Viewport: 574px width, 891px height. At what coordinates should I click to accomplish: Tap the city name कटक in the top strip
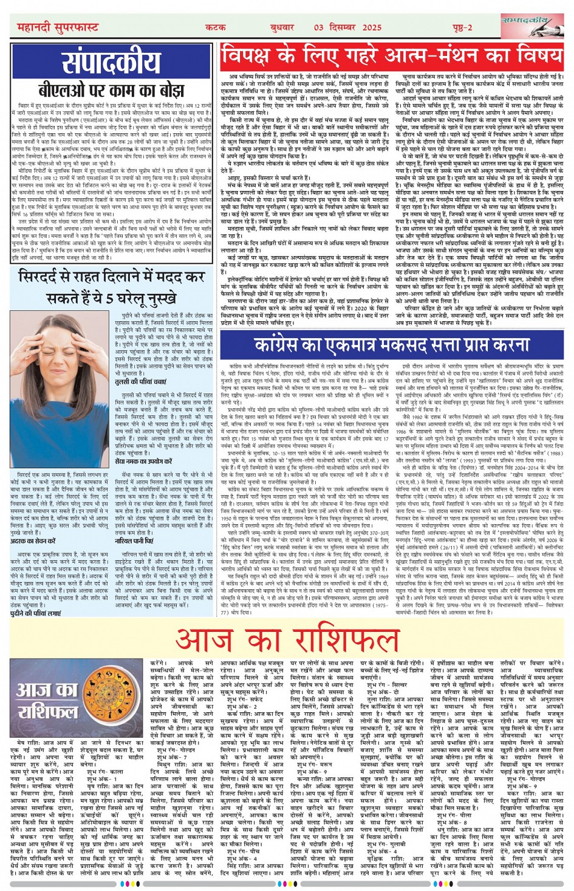pos(216,27)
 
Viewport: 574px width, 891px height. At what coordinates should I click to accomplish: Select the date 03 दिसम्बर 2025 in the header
pos(347,27)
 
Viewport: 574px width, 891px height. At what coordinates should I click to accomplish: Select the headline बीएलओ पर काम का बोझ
pos(112,91)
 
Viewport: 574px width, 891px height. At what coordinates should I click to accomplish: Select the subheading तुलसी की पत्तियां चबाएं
pos(140,382)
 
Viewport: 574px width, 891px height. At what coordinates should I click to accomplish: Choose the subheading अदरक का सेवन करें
pos(33,541)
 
